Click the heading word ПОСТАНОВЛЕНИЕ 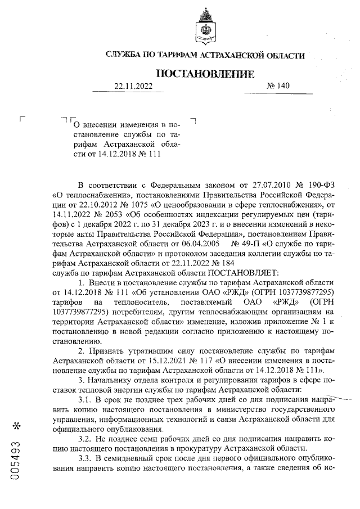coord(204,74)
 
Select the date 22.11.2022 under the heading coord(133,87)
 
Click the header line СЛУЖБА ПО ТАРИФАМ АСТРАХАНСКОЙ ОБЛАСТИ coord(205,55)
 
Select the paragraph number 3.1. coord(85,399)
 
